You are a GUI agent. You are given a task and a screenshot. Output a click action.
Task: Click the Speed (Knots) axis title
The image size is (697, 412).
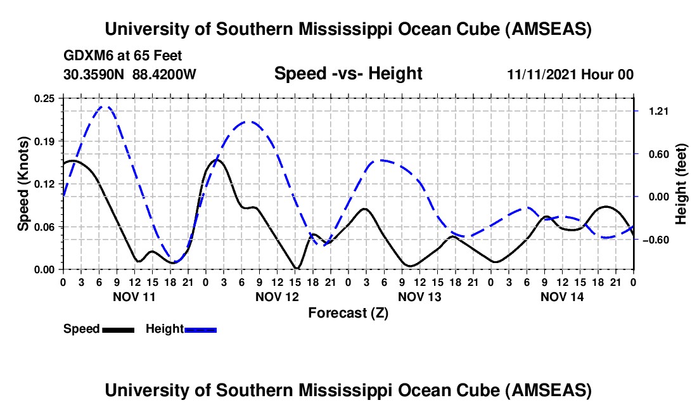click(x=23, y=183)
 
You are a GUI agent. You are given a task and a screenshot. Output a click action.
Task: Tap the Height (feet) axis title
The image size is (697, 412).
click(x=681, y=184)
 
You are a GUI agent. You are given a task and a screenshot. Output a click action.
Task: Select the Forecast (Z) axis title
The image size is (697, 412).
click(x=348, y=312)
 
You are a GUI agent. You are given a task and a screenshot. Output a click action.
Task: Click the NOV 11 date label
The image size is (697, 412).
click(x=134, y=297)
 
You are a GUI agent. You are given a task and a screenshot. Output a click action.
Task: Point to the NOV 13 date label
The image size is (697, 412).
click(x=419, y=297)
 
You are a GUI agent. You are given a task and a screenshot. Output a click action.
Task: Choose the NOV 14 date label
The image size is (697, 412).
click(x=562, y=297)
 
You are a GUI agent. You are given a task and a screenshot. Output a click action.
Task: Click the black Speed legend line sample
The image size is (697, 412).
click(x=117, y=329)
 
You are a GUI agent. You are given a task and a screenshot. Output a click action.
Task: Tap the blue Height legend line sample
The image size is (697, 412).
click(x=200, y=329)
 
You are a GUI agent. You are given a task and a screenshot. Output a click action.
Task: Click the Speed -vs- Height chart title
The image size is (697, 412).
click(x=348, y=74)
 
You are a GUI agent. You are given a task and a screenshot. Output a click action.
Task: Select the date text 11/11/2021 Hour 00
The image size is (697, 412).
click(x=570, y=75)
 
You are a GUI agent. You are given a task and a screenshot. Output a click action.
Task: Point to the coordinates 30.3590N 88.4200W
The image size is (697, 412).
click(x=130, y=75)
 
